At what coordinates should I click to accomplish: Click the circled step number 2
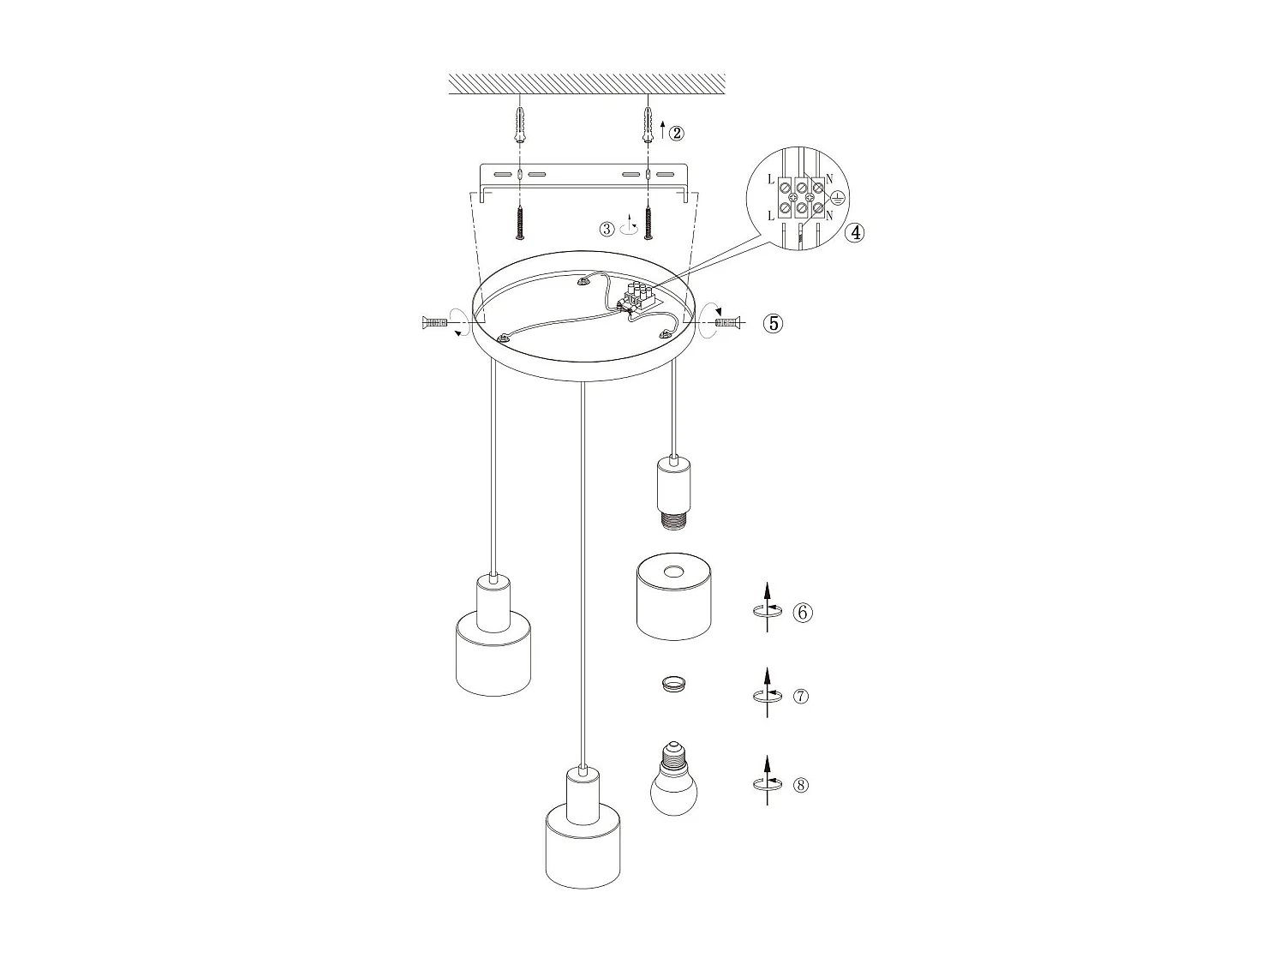click(x=677, y=133)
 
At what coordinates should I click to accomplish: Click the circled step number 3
click(x=607, y=229)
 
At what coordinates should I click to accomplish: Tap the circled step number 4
click(x=854, y=232)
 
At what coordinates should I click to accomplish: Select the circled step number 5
click(x=774, y=323)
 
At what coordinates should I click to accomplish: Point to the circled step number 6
click(x=802, y=613)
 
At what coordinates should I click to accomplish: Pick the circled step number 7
click(x=801, y=696)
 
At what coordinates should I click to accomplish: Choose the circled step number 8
click(x=801, y=785)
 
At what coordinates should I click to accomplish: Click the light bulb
click(x=674, y=781)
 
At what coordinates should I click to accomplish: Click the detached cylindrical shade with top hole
click(x=674, y=596)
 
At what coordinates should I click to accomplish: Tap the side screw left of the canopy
click(x=434, y=322)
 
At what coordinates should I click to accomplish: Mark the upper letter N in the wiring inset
click(x=830, y=177)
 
